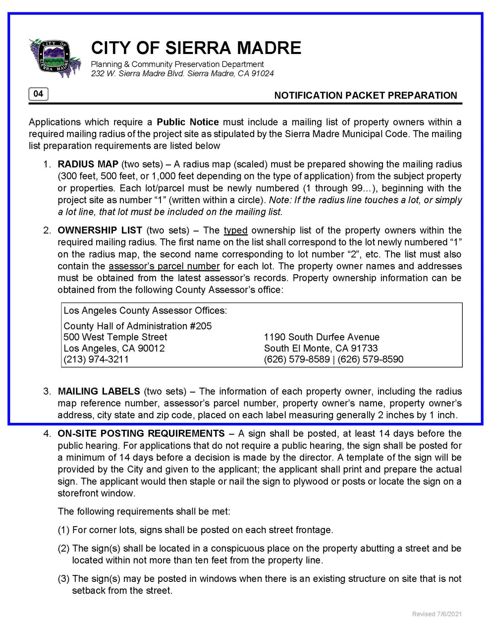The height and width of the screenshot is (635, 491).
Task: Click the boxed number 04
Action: point(38,94)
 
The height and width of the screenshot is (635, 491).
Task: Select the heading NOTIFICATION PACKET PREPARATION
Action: point(365,95)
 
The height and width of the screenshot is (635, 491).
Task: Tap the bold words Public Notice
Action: point(188,122)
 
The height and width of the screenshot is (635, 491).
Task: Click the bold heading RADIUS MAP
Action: point(88,164)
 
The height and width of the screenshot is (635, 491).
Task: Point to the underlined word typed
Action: point(236,230)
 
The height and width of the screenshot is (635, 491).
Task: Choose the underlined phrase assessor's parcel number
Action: point(164,266)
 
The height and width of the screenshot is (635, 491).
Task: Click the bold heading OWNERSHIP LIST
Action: point(100,230)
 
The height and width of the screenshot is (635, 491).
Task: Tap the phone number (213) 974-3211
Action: point(96,359)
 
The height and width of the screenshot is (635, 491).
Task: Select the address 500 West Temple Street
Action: point(115,337)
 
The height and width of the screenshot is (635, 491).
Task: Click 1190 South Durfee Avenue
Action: point(322,337)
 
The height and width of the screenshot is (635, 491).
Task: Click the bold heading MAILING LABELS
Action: point(99,391)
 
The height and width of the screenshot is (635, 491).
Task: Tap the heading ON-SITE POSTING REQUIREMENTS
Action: point(141,433)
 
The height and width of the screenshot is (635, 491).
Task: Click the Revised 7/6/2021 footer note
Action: point(437,614)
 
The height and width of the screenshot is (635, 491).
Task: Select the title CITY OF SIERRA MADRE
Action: point(196,48)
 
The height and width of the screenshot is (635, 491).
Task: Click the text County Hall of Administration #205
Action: point(137,326)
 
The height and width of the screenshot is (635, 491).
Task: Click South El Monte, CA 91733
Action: point(321,348)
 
